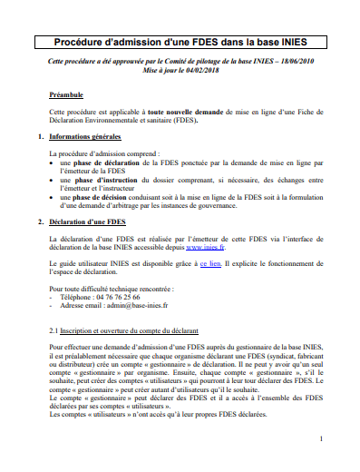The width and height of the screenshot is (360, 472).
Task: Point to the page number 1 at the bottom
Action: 322,440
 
